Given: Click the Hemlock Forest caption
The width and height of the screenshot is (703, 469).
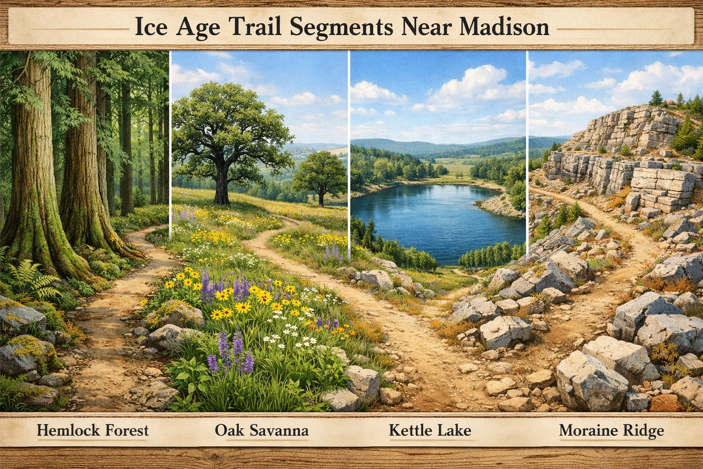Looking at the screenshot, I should pyautogui.click(x=92, y=431).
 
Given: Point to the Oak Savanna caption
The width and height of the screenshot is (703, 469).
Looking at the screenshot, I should pyautogui.click(x=261, y=431).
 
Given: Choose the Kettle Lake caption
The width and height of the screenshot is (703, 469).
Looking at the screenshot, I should pyautogui.click(x=430, y=431).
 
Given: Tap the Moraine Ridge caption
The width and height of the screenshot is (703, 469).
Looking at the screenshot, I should pyautogui.click(x=611, y=431).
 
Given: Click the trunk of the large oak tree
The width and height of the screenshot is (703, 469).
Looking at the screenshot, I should pyautogui.click(x=222, y=183).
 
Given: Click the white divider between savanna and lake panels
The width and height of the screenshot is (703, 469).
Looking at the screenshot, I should pyautogui.click(x=349, y=137).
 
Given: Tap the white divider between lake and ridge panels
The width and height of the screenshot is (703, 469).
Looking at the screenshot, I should pyautogui.click(x=528, y=137).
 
